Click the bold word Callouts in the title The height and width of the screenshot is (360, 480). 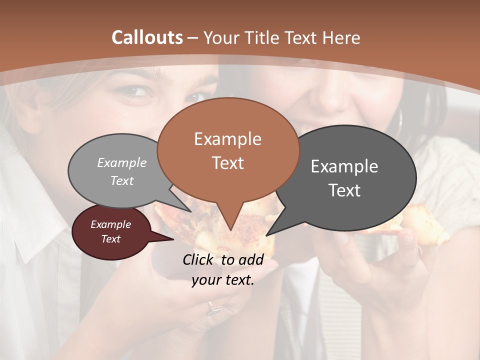(x=147, y=37)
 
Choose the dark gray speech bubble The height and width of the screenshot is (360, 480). (x=350, y=175)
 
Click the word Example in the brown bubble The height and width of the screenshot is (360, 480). (x=228, y=139)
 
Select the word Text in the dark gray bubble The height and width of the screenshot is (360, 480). (x=344, y=190)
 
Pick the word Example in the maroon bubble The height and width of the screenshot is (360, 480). (x=110, y=224)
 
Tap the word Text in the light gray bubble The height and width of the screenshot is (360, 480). (x=122, y=180)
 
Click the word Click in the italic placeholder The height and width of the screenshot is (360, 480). (x=199, y=259)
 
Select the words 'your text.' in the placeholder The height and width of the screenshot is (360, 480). (x=223, y=280)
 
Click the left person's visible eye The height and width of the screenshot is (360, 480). (x=134, y=91)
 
